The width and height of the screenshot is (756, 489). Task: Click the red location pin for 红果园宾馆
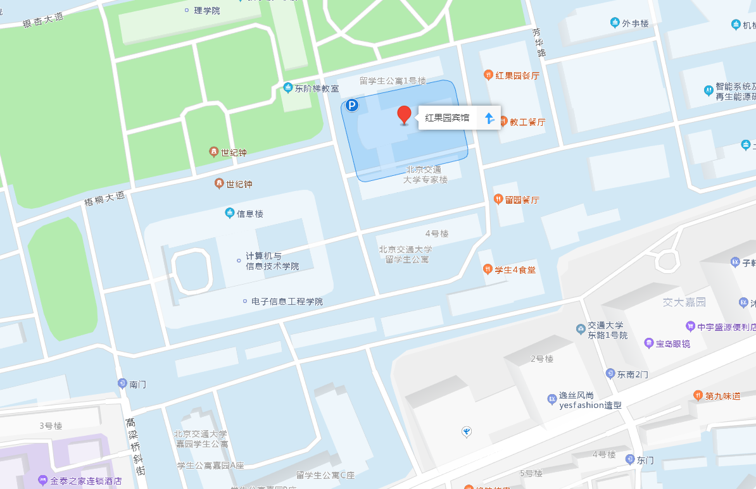(x=404, y=115)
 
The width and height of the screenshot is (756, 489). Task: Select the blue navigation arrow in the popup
(x=489, y=118)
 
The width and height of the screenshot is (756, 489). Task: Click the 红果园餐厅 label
(x=517, y=76)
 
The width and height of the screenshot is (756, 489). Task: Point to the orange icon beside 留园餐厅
(x=498, y=199)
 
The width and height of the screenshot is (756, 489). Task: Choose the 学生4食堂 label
(x=515, y=269)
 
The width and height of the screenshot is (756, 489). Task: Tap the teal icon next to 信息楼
(x=229, y=213)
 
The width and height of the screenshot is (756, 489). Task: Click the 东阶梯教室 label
(x=317, y=89)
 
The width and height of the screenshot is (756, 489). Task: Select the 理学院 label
(x=207, y=10)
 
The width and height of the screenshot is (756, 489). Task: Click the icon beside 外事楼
(x=614, y=23)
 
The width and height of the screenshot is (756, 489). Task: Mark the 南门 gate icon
(x=122, y=383)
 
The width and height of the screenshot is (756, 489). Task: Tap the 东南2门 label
(x=633, y=374)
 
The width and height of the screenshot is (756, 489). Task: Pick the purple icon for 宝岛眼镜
(x=648, y=344)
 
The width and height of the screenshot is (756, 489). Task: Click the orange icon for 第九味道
(x=698, y=396)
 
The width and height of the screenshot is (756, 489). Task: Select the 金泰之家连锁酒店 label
(x=86, y=481)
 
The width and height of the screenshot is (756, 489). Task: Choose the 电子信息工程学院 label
(x=287, y=301)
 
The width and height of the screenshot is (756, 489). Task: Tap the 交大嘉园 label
(x=684, y=302)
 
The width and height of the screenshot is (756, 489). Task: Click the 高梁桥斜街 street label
(x=135, y=447)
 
